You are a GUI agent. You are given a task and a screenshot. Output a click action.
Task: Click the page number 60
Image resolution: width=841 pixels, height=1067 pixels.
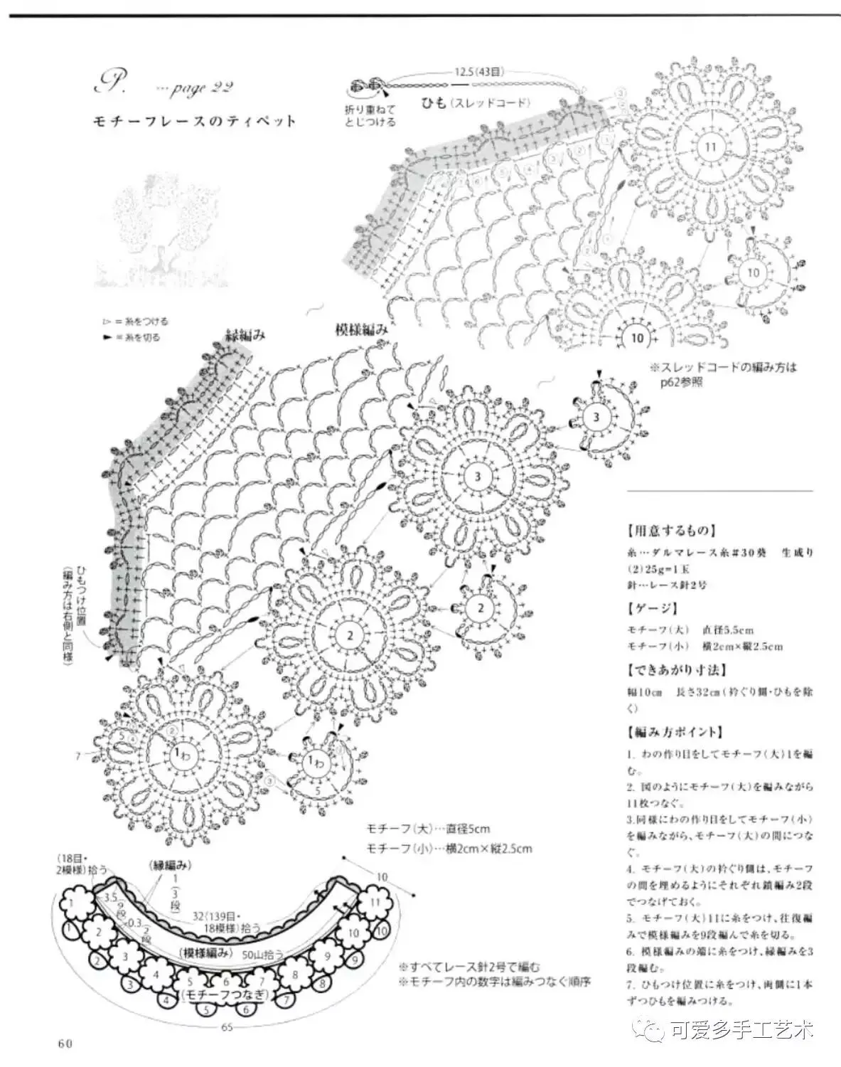[x=65, y=1044]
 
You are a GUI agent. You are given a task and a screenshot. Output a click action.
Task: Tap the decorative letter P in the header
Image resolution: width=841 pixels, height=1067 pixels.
[x=110, y=83]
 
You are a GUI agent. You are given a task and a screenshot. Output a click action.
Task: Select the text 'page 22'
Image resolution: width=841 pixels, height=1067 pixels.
[x=195, y=88]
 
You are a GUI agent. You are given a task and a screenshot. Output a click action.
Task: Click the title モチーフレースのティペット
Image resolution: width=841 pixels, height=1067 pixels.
[x=194, y=121]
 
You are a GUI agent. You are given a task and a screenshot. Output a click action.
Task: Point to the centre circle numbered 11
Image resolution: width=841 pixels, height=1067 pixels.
[x=711, y=147]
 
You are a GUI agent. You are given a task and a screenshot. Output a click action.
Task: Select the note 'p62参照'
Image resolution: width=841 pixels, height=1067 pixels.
[x=682, y=382]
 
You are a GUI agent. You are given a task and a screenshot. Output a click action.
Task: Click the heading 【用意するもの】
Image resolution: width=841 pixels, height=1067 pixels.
[x=671, y=531]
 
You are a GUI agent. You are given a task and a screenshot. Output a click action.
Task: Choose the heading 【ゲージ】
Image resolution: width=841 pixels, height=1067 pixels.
[x=653, y=608]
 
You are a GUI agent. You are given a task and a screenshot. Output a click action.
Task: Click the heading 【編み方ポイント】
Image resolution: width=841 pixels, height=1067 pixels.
[x=675, y=732]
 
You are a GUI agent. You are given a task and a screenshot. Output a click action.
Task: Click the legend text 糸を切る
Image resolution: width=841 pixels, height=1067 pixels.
[x=142, y=337]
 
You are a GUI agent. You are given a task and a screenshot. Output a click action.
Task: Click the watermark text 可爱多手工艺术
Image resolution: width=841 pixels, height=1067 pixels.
[x=739, y=1029]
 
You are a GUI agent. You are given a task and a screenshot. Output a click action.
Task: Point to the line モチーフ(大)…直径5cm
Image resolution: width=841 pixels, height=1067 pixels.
[x=428, y=829]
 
